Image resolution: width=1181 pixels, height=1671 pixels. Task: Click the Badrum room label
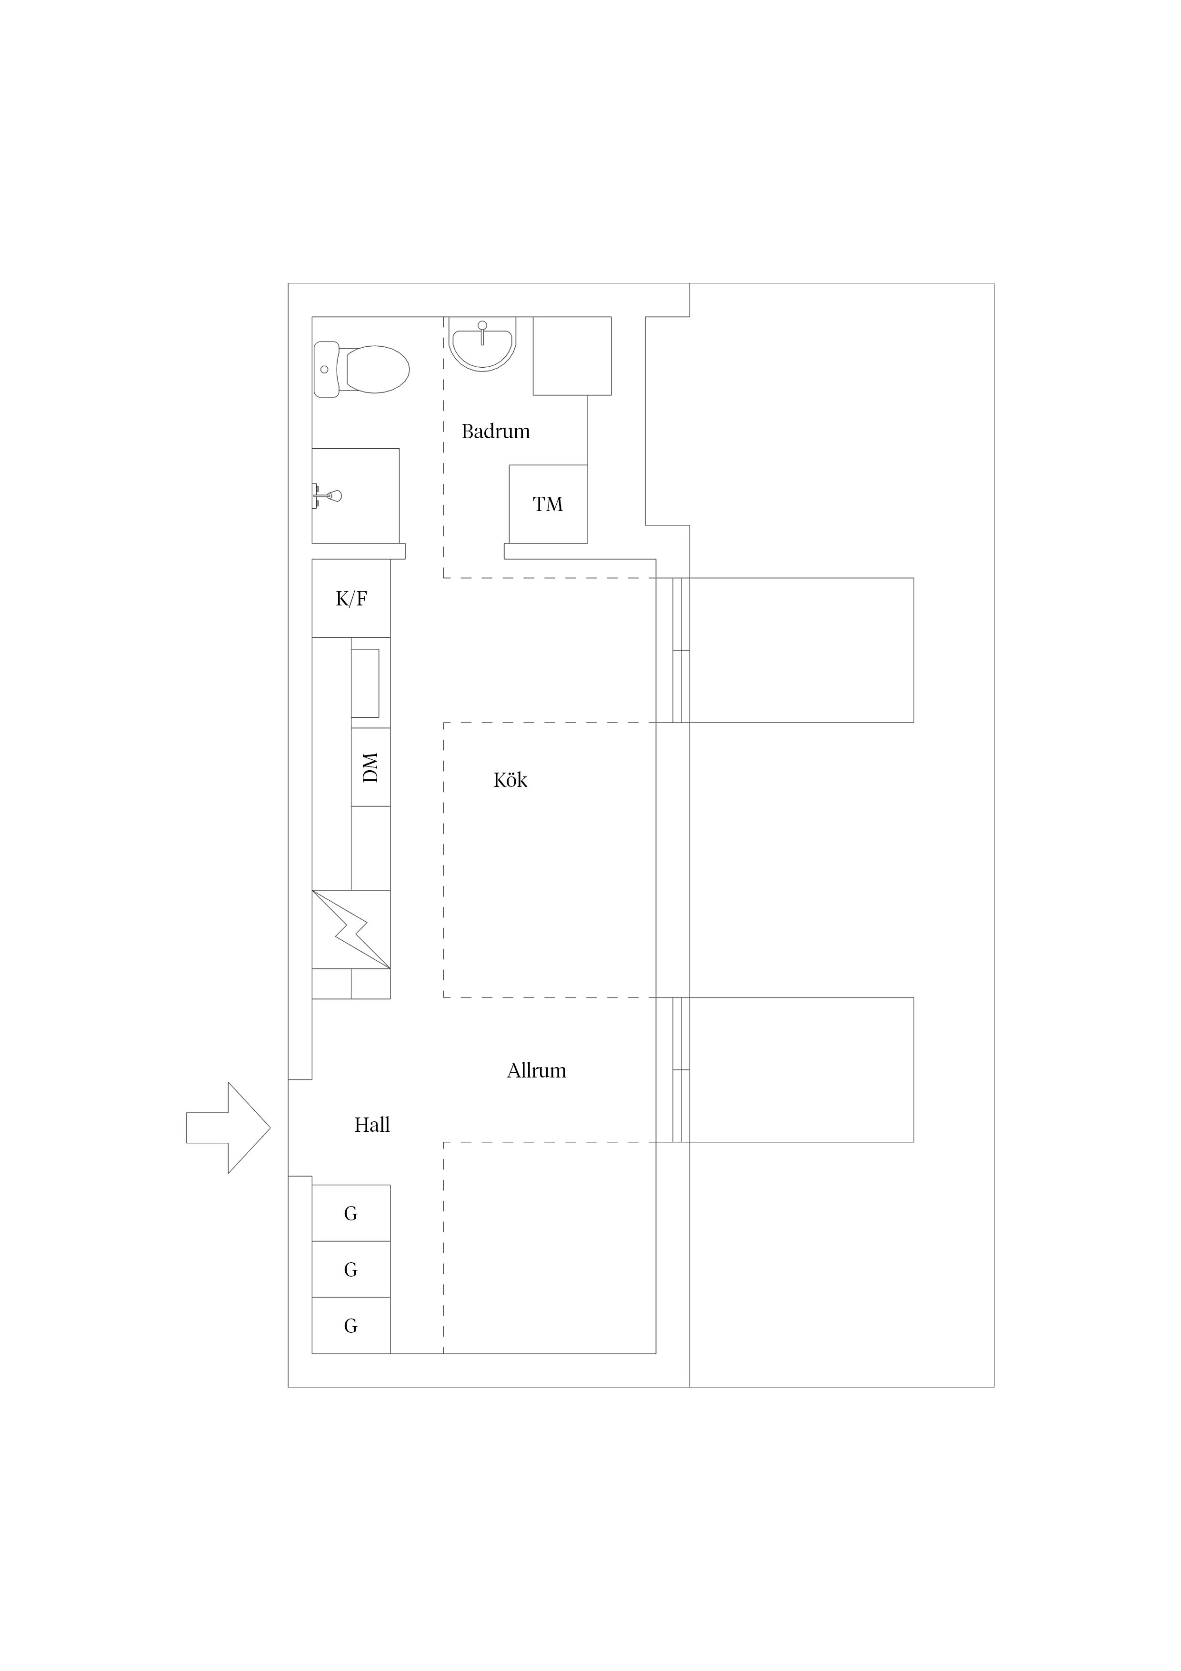496,432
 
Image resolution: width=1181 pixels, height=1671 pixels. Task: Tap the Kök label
510,780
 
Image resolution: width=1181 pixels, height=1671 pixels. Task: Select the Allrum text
536,1071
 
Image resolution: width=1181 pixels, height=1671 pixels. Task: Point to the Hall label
372,1125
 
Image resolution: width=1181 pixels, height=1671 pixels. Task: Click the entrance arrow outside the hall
229,1128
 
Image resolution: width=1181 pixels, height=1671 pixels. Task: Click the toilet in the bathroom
361,369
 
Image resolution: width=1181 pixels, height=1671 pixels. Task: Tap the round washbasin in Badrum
482,343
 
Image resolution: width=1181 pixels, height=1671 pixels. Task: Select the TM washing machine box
548,503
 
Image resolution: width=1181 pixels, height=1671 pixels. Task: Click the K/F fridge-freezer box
351,598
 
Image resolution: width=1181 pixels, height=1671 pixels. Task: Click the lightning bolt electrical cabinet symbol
351,929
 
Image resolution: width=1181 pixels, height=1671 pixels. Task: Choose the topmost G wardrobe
351,1213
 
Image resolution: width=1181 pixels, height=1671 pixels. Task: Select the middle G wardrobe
351,1269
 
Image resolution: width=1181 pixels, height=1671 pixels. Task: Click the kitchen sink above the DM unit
365,683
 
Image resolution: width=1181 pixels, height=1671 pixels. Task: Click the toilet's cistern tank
326,369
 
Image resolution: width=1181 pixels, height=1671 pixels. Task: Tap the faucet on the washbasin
482,332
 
